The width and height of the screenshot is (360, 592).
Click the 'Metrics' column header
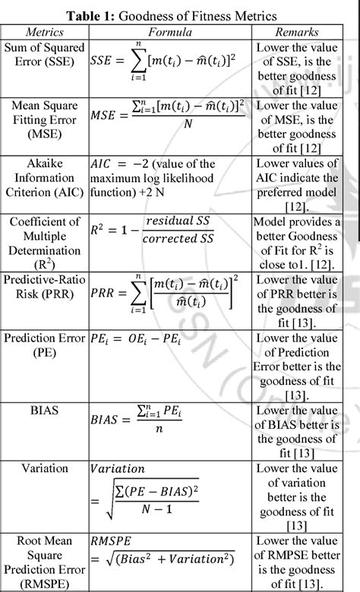coord(45,33)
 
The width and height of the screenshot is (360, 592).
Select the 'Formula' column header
coord(169,33)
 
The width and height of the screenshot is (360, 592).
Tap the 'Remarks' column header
coord(297,33)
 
